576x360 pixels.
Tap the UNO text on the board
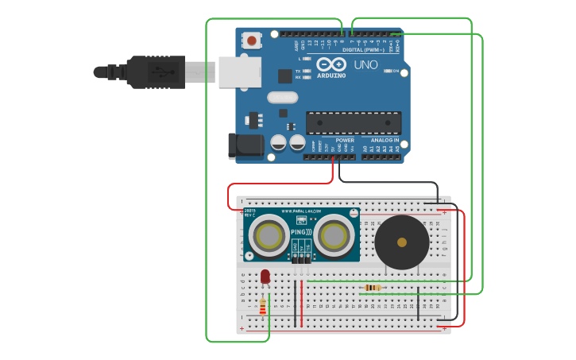point(365,65)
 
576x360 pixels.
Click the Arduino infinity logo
point(331,64)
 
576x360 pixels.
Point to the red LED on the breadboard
point(265,277)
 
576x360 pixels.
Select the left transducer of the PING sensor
point(269,235)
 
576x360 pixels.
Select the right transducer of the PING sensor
point(334,235)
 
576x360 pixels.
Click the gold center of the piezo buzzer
point(402,242)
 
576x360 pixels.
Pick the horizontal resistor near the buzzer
point(371,288)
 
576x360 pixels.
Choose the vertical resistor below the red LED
point(263,306)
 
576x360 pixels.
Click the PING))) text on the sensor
point(302,232)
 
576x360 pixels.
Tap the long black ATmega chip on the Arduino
point(353,123)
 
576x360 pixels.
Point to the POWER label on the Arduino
point(345,140)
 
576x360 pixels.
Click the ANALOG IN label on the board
point(385,140)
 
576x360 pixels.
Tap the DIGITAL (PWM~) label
point(363,49)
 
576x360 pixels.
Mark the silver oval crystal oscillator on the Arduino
point(282,98)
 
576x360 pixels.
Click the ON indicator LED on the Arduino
point(387,71)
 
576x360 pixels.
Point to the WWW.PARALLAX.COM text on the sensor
point(301,211)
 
